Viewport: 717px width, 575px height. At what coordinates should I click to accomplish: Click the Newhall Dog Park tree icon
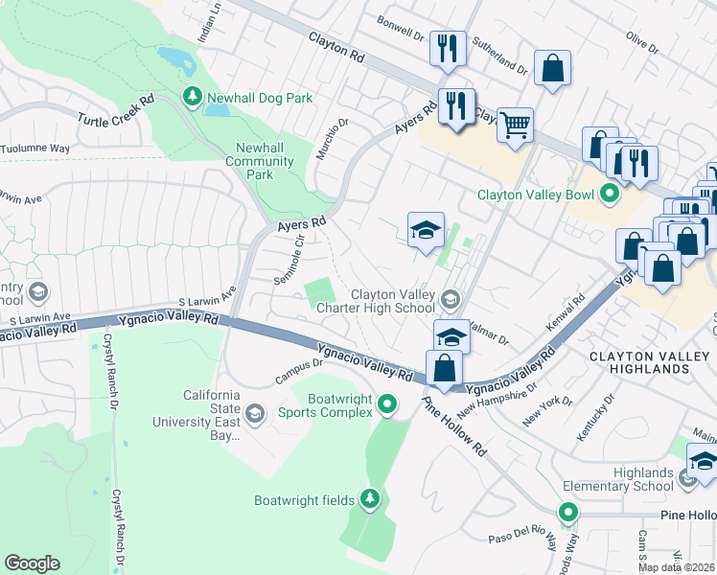point(193,97)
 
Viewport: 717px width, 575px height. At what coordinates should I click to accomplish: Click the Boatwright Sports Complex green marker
point(387,404)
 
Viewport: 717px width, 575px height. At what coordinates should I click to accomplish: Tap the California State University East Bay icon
point(254,413)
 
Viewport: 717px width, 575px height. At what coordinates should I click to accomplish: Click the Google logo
point(32,563)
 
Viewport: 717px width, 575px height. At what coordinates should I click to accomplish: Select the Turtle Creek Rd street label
point(116,108)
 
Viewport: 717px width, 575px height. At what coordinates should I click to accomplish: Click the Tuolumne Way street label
point(35,149)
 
